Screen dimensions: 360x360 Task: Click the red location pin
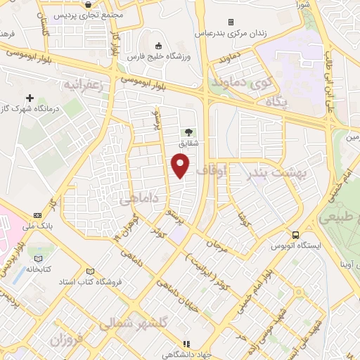tap(181, 165)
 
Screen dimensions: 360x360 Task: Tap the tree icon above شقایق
tap(188, 131)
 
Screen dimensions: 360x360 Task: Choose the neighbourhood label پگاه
tap(278, 103)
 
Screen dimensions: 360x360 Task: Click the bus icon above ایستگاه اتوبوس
tap(297, 235)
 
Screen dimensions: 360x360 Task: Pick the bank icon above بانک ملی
tap(37, 215)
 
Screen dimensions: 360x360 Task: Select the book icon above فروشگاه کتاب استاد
tap(89, 271)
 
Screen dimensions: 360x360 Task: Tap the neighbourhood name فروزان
tap(67, 340)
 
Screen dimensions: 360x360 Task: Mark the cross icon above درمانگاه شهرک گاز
tap(29, 98)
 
